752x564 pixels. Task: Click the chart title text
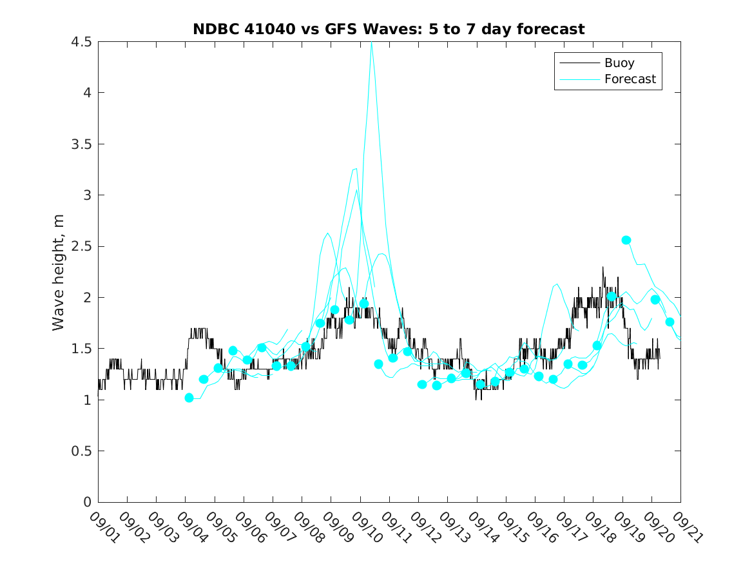point(389,29)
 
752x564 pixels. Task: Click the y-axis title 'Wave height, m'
point(59,273)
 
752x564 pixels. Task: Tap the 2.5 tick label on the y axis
point(82,247)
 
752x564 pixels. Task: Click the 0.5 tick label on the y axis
point(82,451)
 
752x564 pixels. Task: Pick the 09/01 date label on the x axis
point(103,527)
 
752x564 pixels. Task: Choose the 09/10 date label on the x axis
point(365,527)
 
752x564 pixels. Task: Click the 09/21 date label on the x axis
point(686,527)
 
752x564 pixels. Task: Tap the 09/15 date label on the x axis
point(511,527)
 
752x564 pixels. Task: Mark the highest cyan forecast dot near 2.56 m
point(626,240)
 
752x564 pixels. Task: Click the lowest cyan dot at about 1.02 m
point(189,398)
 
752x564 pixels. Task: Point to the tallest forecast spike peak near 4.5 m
point(372,43)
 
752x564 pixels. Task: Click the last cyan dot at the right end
point(670,322)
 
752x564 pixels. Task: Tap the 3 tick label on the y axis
point(87,195)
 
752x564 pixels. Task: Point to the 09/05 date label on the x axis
point(220,527)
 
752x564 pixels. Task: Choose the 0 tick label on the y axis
point(87,502)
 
